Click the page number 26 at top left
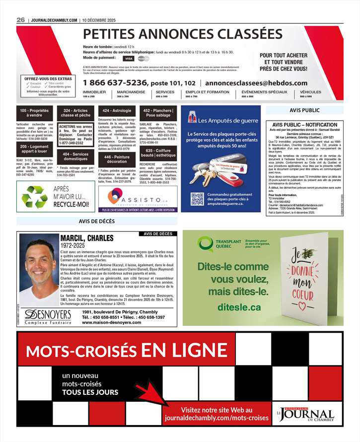tap(21, 19)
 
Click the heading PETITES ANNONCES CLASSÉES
tap(182, 34)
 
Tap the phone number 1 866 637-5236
tap(115, 83)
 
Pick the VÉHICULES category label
tap(311, 92)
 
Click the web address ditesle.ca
tap(239, 307)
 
